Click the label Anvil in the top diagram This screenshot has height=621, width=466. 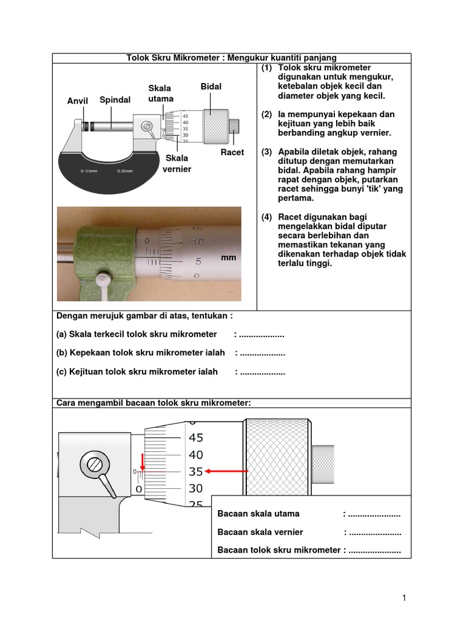tap(78, 101)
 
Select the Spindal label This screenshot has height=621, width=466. tap(115, 99)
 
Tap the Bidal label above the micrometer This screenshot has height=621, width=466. tap(211, 87)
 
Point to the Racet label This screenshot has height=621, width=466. tap(232, 152)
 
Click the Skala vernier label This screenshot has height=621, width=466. tap(177, 163)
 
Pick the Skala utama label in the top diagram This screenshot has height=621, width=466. tap(161, 93)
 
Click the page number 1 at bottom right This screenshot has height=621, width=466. tap(404, 598)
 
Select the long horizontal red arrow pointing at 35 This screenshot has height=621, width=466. tap(228, 471)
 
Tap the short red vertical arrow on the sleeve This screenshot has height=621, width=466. tap(143, 462)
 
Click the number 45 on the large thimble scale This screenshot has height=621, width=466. tap(196, 438)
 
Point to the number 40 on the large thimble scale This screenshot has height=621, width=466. tap(196, 455)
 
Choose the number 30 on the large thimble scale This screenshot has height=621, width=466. tap(196, 488)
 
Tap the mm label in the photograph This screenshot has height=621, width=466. tap(228, 258)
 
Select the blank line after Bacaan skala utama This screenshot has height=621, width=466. tap(373, 514)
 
